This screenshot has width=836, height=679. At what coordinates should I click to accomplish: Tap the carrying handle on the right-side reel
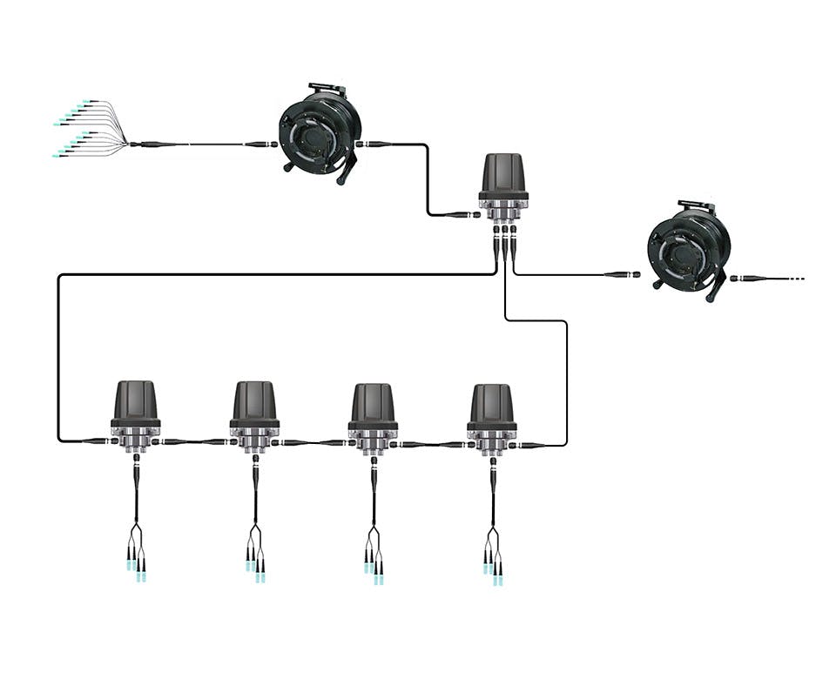pos(697,207)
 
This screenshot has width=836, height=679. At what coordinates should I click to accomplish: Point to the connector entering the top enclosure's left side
pos(461,214)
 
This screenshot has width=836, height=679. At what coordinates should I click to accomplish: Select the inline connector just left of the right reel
pos(622,274)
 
